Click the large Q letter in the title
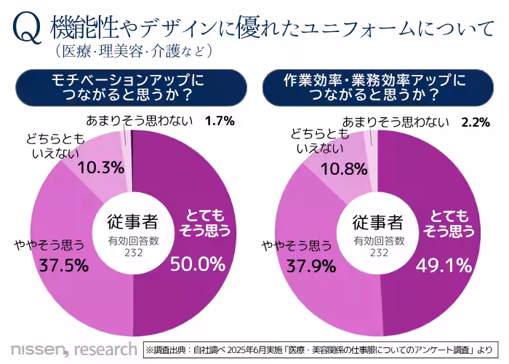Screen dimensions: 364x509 tap(26, 28)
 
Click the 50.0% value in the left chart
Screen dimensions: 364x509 tap(198, 264)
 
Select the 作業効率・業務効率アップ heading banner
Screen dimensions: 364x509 tap(375, 87)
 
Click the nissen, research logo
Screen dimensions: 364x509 tap(73, 347)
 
